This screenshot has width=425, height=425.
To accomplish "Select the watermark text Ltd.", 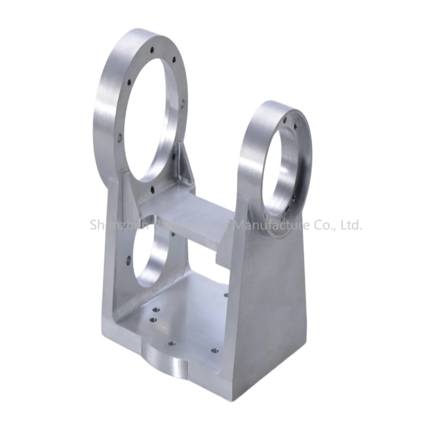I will click(350, 225).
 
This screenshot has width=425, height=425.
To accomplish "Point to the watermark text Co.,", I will click(321, 225).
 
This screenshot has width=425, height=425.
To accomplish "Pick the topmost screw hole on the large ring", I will click(152, 50).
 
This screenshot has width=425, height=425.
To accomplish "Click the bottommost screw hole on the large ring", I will click(152, 188).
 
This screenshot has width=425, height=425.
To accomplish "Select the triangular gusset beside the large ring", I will click(184, 163).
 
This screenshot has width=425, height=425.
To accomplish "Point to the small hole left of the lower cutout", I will click(128, 260).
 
